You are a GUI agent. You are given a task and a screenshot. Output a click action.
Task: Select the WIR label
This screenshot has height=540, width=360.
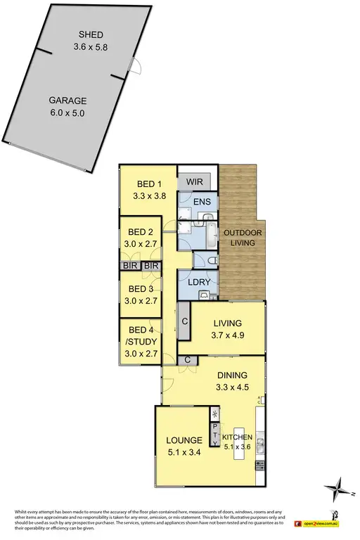(x=194, y=181)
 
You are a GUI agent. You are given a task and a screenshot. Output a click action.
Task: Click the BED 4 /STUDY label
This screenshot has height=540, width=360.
(x=140, y=336)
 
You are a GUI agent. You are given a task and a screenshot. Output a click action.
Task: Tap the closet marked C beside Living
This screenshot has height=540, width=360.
(x=184, y=323)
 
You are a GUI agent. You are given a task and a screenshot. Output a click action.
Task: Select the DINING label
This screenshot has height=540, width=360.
(x=232, y=375)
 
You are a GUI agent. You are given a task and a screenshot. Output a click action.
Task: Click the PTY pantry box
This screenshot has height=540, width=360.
(x=215, y=427)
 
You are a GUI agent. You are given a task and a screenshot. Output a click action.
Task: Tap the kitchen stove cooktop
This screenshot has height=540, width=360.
(x=260, y=465)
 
